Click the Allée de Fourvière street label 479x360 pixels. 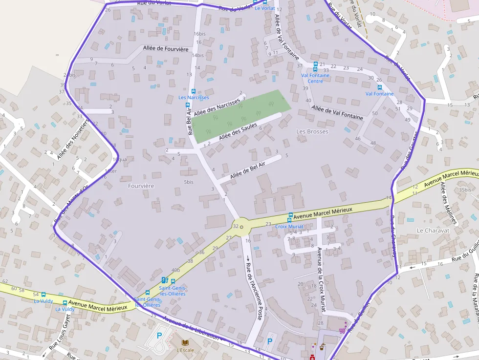coord(166,48)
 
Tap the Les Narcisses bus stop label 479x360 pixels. coord(194,97)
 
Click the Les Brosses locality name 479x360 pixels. coord(312,131)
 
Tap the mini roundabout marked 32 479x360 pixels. coord(241,227)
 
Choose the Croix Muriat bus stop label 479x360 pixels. coord(289,226)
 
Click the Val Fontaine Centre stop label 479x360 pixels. coord(315,78)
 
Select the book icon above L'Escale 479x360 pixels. coord(185,342)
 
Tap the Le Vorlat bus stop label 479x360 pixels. coord(264,8)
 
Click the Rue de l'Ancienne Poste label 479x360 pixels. coord(254,288)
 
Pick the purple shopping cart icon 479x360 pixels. coord(342,330)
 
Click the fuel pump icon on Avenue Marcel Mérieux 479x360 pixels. coord(164,280)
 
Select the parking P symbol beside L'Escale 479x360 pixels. coord(159,336)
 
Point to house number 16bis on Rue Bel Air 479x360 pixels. coord(199,34)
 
